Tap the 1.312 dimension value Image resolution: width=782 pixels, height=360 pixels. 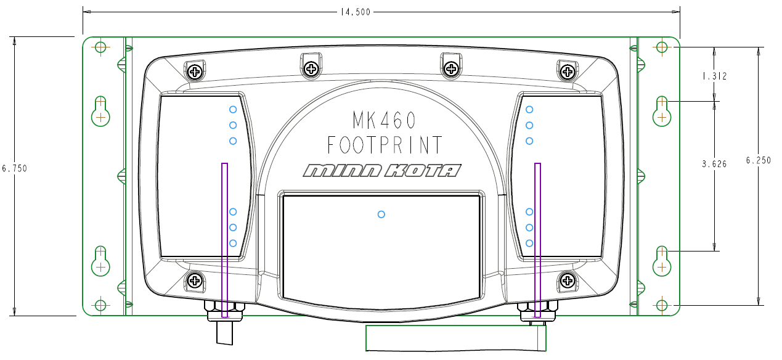714,76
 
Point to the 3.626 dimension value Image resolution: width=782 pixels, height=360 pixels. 714,164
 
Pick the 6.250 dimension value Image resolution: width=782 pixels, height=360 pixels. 758,160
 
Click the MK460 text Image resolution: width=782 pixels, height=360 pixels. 384,120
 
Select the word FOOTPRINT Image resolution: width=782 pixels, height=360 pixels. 384,145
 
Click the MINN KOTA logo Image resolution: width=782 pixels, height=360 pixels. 382,171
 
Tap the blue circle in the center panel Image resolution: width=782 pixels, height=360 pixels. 381,215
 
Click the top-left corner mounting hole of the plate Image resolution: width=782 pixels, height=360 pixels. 100,47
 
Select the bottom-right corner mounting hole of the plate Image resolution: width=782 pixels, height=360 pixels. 662,305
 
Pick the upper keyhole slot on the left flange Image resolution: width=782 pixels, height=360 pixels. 100,111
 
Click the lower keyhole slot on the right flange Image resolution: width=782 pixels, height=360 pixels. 662,261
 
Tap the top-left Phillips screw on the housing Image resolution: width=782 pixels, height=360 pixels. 196,72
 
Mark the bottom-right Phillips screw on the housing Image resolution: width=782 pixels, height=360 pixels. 566,281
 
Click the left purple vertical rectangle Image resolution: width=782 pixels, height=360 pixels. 224,240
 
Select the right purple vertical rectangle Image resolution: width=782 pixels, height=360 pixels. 537,240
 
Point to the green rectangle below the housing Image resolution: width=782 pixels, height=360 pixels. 456,338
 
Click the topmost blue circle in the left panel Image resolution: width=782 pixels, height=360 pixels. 233,110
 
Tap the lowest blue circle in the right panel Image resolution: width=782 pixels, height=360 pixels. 529,243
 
